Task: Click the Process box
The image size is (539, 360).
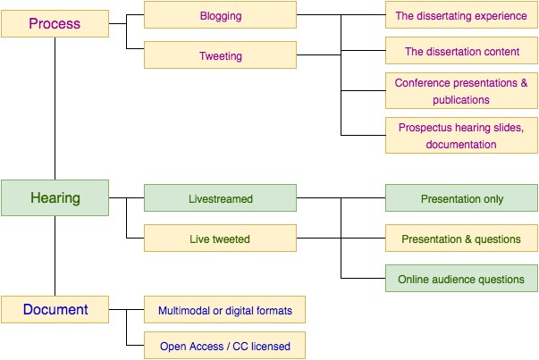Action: tap(55, 23)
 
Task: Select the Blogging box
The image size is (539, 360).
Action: tap(220, 15)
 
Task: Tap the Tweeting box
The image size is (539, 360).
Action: tap(220, 55)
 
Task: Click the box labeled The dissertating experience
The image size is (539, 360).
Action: tap(461, 15)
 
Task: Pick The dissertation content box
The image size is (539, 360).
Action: tap(461, 51)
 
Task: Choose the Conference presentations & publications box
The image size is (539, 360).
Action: tap(461, 91)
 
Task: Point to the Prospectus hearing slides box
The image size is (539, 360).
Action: tap(461, 136)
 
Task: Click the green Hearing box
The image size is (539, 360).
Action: tap(55, 197)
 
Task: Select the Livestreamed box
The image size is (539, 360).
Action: tap(220, 197)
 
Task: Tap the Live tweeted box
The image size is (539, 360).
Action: tap(220, 238)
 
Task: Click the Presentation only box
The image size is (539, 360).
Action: tap(461, 197)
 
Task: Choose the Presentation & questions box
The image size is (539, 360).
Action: tap(461, 238)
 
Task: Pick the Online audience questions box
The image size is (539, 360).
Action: tap(461, 278)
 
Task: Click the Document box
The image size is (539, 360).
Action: tap(55, 309)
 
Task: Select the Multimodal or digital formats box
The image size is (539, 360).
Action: tap(224, 309)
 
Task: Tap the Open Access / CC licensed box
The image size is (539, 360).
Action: tap(224, 345)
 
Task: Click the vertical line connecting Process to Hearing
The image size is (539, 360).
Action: tap(55, 109)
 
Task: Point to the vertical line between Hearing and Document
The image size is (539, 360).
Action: tap(55, 255)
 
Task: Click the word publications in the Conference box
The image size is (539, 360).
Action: tap(461, 100)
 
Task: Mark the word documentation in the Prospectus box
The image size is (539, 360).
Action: tap(461, 145)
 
